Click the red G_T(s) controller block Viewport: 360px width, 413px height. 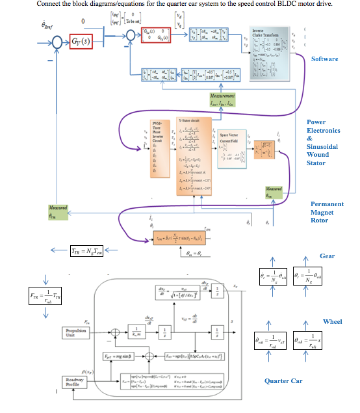[82, 44]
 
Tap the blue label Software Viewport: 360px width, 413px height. [324, 59]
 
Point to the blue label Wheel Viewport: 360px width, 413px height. [332, 322]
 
